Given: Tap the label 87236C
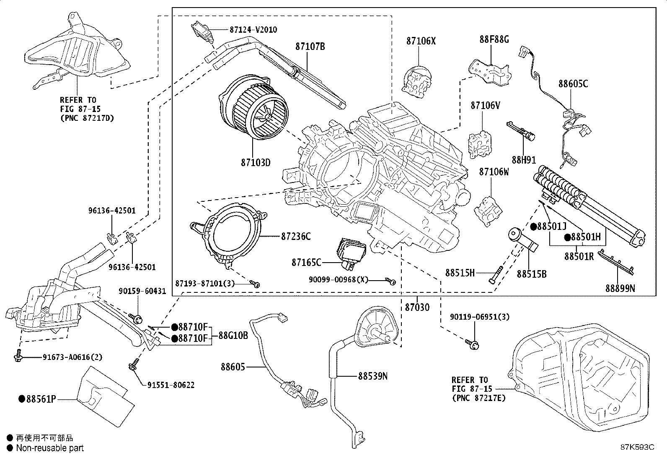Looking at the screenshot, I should [295, 237].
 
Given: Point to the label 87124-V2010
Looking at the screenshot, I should [253, 30].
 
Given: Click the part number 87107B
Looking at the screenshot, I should [310, 47].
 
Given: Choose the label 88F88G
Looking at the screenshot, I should [494, 39].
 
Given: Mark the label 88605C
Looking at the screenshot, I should [573, 84].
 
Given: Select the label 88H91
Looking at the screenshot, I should [524, 160].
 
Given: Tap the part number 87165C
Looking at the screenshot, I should [307, 263].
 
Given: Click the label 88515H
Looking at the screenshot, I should [460, 273].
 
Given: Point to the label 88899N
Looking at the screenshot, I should [620, 288].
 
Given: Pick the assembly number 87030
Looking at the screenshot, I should [417, 307].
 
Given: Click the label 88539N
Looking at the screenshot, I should [372, 376].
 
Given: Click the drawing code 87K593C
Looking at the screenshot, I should [637, 447].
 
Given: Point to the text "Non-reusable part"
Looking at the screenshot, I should [50, 448].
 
